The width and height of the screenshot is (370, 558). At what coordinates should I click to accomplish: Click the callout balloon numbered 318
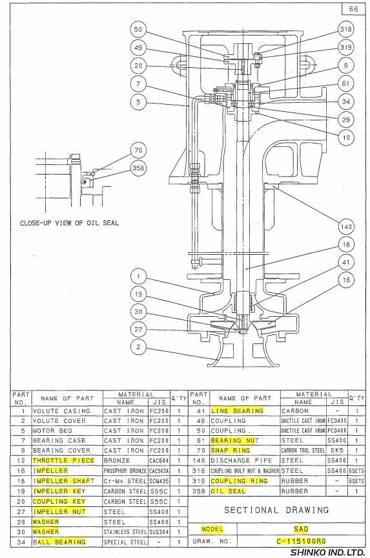coord(346,29)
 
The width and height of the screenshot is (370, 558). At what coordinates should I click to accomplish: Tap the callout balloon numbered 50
coord(138,30)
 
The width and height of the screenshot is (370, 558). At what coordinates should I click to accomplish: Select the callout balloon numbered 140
coord(346,227)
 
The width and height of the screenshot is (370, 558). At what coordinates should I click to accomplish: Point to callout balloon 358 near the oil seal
coord(138,167)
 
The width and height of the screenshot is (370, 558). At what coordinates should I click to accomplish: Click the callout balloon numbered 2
coord(138,347)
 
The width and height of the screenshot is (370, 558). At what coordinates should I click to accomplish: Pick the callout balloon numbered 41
coord(346,263)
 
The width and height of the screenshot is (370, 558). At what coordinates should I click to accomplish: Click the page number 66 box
coord(354,8)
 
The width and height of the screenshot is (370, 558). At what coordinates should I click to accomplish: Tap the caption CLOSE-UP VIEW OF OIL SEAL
coord(69,223)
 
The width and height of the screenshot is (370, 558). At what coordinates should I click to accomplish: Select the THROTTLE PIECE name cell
coord(64,460)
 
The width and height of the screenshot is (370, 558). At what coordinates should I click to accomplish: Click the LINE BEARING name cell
coord(238,411)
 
